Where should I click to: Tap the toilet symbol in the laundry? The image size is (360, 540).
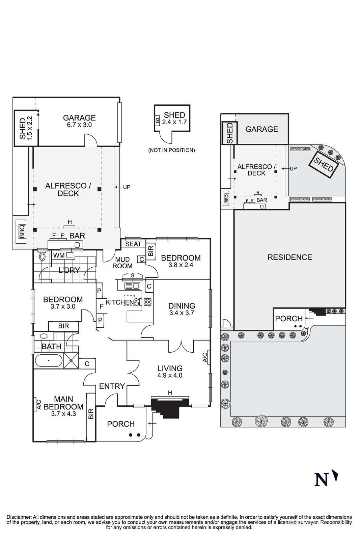tap(42, 256)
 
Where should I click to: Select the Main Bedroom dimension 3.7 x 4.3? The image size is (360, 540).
tap(63, 413)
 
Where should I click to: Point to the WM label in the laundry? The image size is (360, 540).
tap(59, 255)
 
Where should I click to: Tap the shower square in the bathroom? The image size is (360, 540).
tap(71, 360)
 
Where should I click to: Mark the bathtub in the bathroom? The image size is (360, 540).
tap(49, 361)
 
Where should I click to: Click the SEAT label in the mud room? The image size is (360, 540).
tap(133, 244)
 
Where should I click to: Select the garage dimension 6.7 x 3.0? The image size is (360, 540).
tap(79, 125)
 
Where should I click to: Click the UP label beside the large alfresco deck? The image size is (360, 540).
tap(127, 187)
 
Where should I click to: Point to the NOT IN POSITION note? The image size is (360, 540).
tap(171, 150)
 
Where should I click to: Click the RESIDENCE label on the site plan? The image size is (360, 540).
tap(289, 257)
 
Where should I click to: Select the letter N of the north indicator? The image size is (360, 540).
tap(321, 480)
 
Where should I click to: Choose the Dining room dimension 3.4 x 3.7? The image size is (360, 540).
tap(182, 313)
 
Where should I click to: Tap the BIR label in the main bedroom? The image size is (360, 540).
tap(91, 414)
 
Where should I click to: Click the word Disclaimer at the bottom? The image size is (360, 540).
tap(19, 517)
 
